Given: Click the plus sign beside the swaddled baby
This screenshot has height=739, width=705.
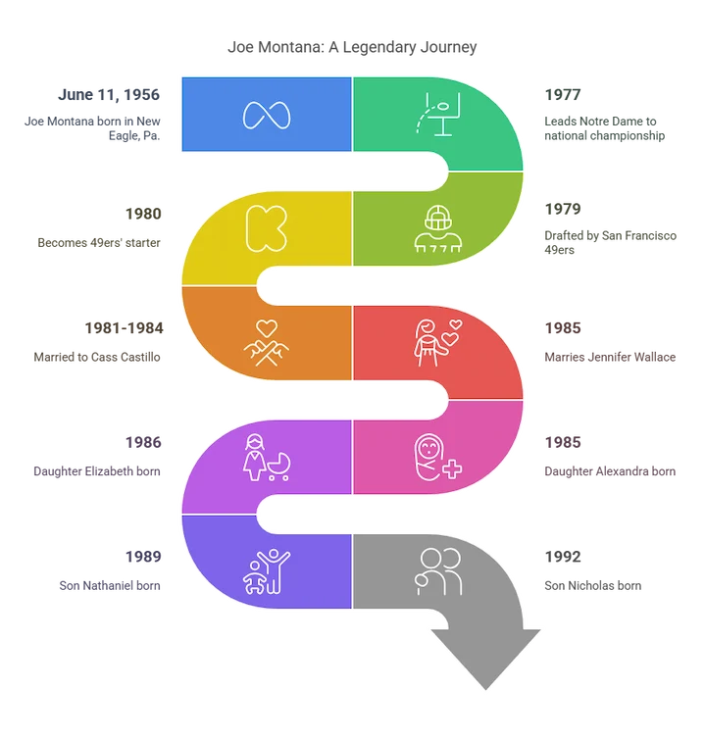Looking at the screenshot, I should click(x=452, y=468).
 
